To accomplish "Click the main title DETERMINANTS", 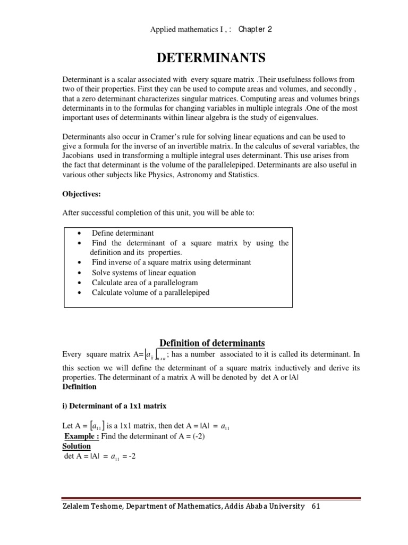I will (x=204, y=57).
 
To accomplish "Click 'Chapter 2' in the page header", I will (x=255, y=29).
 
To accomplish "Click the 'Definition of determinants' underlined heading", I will (x=212, y=343).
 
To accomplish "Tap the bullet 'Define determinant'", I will (x=123, y=233).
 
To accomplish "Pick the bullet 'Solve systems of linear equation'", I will (x=143, y=272).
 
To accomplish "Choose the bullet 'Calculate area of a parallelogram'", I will (x=144, y=282).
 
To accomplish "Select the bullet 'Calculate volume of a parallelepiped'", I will (x=150, y=292).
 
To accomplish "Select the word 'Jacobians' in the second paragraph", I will (x=79, y=156).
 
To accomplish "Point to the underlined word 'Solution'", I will (x=76, y=446).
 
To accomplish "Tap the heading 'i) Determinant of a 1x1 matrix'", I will (x=115, y=406).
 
